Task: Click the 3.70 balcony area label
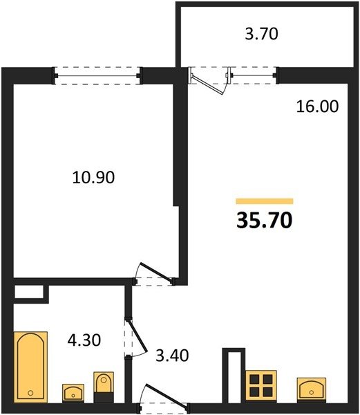point(261,34)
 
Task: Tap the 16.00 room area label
point(317,107)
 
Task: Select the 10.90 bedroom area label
point(93,177)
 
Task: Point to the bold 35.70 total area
point(265,221)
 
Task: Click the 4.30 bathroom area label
point(84,340)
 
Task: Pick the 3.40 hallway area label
point(172,356)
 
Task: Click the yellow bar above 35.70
point(265,201)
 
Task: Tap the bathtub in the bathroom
point(30,367)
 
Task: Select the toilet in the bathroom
point(104,387)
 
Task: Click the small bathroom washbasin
point(73,394)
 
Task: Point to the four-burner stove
point(261,385)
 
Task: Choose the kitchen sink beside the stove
point(312,389)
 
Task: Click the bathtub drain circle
point(30,393)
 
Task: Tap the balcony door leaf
point(208,85)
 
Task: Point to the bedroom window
point(97,75)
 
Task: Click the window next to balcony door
point(252,75)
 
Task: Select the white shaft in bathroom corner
point(29,292)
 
